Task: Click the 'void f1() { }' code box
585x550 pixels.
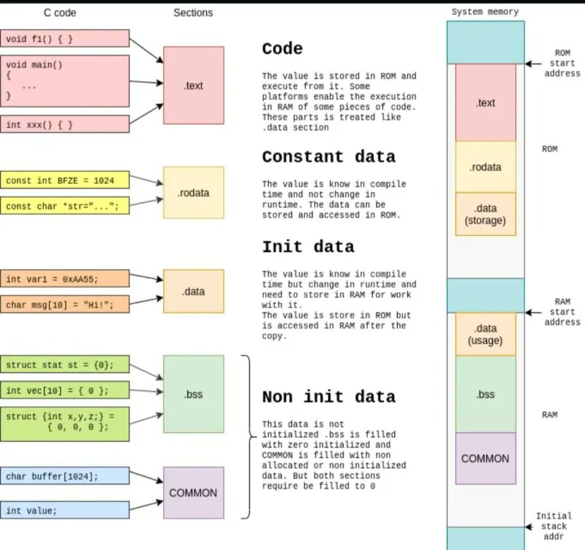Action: (x=65, y=39)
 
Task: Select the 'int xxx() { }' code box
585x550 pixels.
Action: (x=65, y=124)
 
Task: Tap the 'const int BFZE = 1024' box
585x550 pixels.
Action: (x=65, y=180)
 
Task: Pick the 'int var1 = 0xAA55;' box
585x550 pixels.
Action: (x=65, y=279)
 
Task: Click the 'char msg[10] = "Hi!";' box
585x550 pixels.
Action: (x=65, y=305)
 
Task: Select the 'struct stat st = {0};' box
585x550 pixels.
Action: (x=65, y=364)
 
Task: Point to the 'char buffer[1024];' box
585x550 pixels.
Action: (x=65, y=475)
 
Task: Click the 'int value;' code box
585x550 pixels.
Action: (x=65, y=510)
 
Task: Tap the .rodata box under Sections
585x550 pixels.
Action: (x=194, y=193)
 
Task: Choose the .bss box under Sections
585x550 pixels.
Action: (x=194, y=394)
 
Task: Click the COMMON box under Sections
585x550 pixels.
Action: (x=194, y=492)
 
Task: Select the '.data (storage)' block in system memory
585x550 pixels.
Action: (x=486, y=214)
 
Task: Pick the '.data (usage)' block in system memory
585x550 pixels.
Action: (x=486, y=335)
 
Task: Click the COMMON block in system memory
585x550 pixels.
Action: (x=486, y=459)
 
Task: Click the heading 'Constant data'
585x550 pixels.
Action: (x=328, y=156)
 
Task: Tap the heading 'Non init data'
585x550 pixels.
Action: (x=328, y=397)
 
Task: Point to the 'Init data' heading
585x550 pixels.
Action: (x=308, y=247)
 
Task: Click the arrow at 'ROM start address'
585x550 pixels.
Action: (x=534, y=64)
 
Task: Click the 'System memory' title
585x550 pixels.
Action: (x=485, y=12)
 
